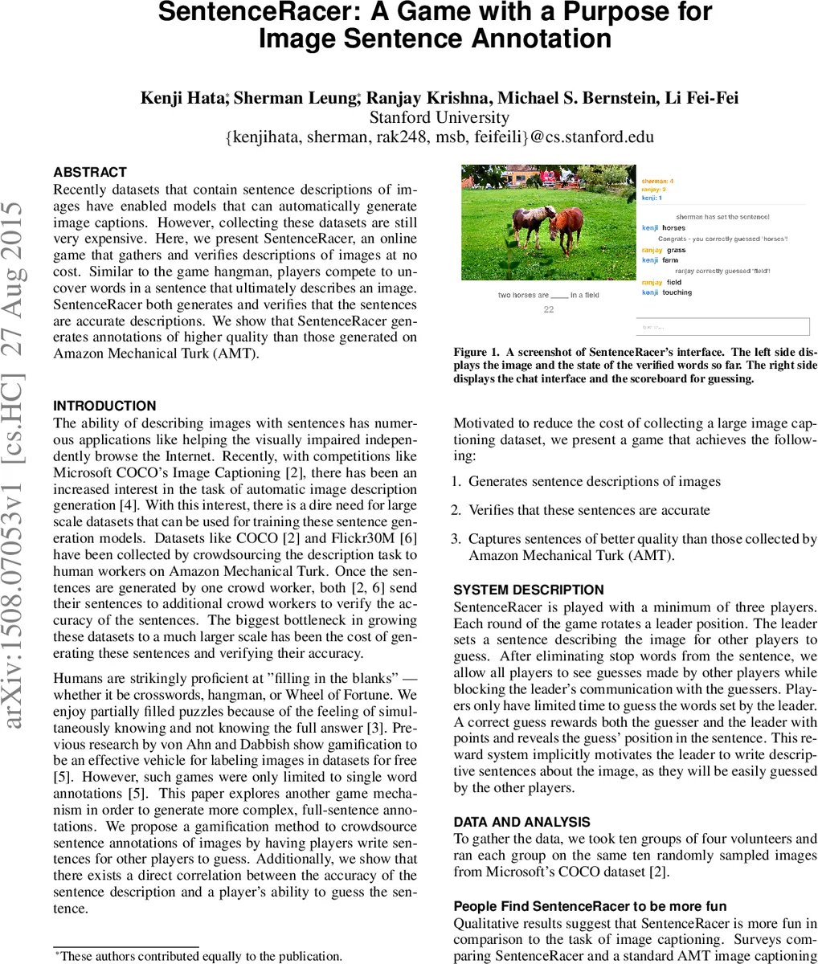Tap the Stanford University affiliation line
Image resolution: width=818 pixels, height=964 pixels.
pos(439,118)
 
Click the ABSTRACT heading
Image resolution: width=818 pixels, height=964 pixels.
pos(90,172)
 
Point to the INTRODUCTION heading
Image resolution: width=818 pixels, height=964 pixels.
pos(104,406)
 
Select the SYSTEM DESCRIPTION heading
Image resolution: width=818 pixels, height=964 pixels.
pos(529,590)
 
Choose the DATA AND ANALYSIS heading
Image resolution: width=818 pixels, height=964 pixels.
pos(521,822)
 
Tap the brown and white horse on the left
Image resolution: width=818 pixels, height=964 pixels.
pos(530,224)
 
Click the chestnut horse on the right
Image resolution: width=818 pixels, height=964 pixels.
pos(566,227)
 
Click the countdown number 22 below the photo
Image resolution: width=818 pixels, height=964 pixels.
pos(549,309)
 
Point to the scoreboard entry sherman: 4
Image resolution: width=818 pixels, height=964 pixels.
pos(657,182)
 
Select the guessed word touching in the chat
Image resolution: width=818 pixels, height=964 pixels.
pos(677,292)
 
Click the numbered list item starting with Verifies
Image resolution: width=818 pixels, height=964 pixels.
pos(589,510)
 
